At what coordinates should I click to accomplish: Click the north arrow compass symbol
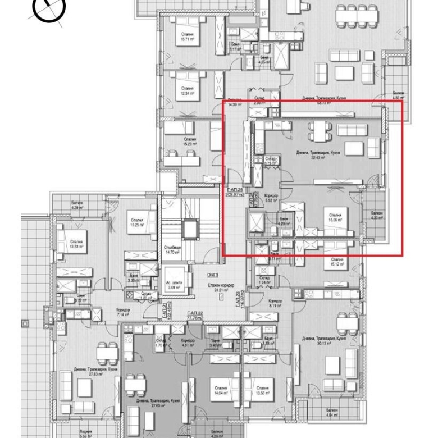(49, 8)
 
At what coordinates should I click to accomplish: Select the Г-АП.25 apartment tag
(230, 191)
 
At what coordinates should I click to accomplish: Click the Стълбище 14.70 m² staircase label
(171, 250)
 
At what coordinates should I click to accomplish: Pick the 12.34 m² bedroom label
(188, 91)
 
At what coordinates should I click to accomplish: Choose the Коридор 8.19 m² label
(275, 304)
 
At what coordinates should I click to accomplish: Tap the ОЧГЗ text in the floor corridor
(212, 275)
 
